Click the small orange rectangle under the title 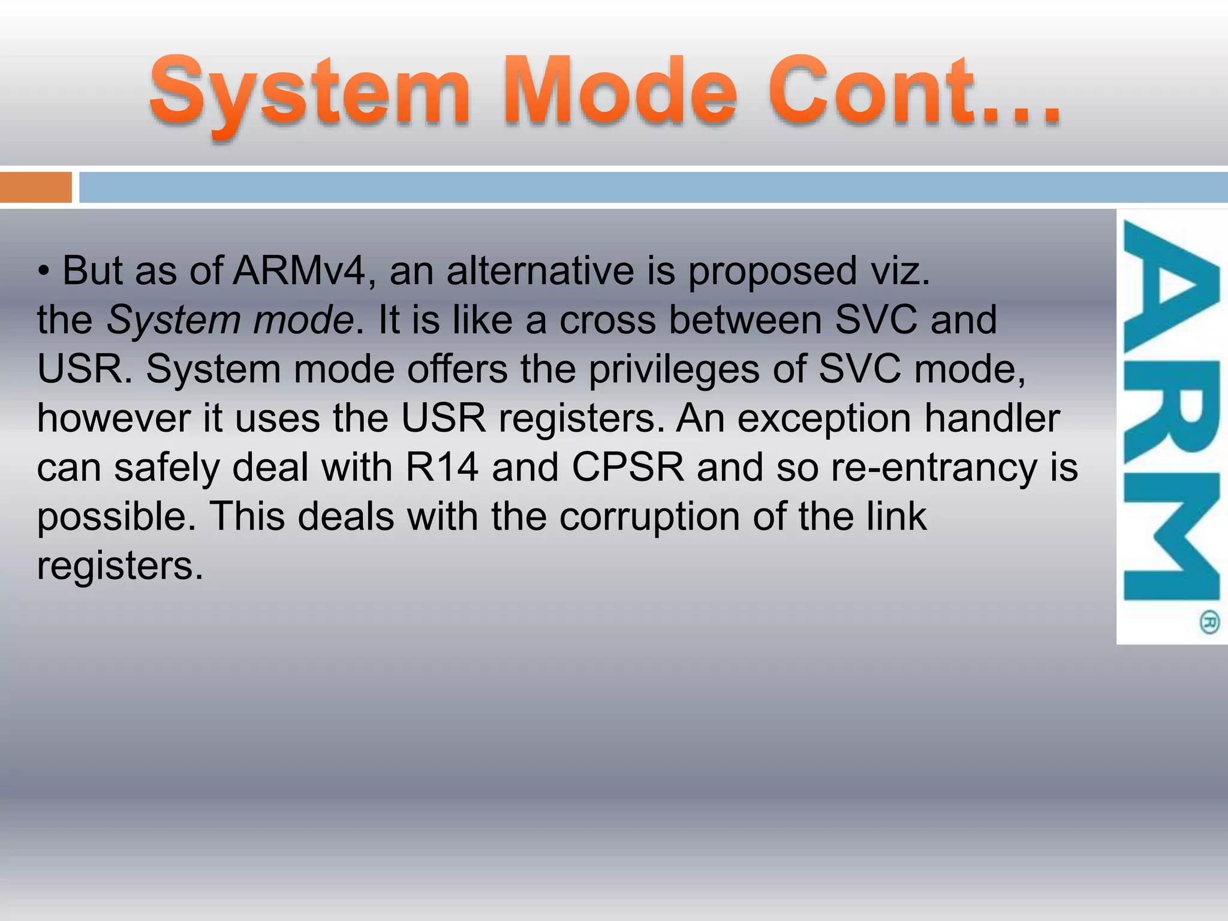tap(35, 187)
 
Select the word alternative tap(540, 270)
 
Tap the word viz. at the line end tap(899, 270)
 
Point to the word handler tap(992, 418)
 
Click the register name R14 tap(442, 467)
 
